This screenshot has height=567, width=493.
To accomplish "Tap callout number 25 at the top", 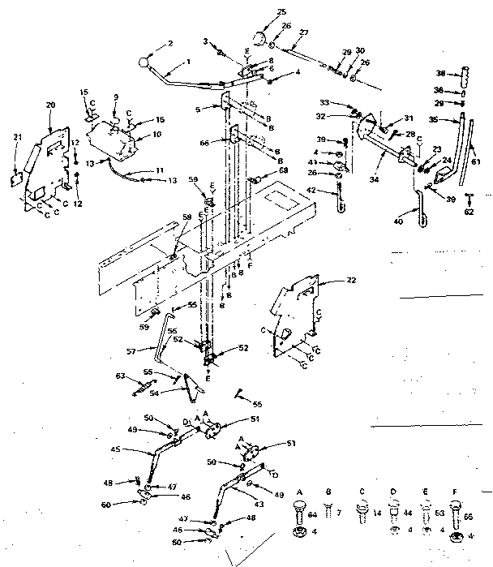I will click(259, 13).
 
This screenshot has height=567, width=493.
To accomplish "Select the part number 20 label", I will click(50, 106).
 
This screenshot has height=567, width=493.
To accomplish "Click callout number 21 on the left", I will click(17, 138).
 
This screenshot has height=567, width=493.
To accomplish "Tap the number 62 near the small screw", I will click(467, 213).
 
